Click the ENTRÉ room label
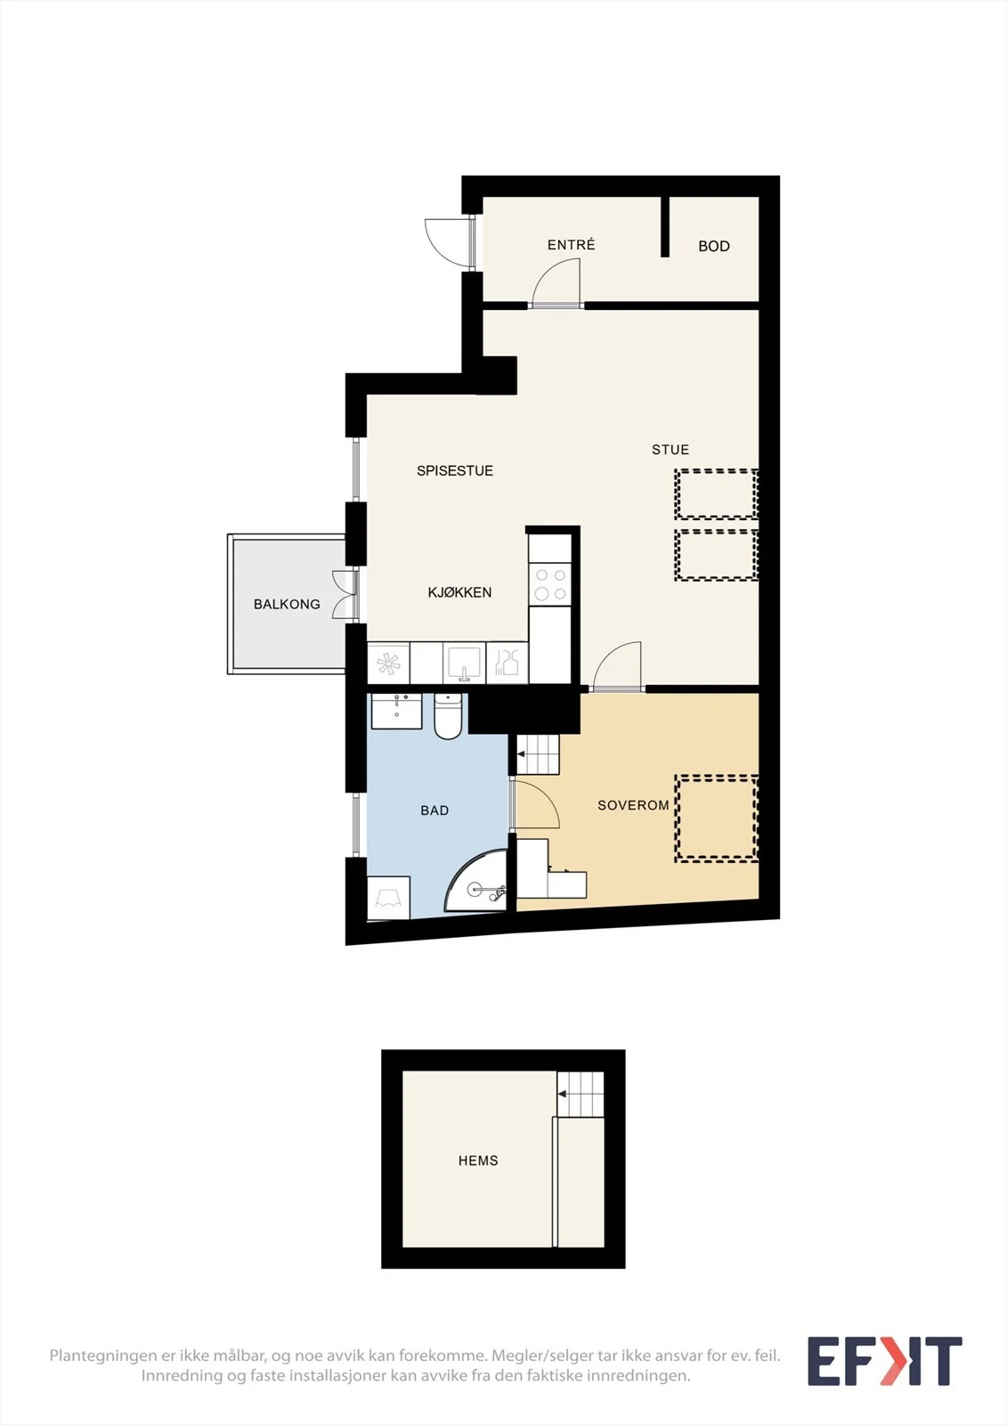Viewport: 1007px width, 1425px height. click(572, 244)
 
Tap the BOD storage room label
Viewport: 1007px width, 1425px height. click(714, 246)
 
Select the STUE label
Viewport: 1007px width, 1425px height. click(670, 450)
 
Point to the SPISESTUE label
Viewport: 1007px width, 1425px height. click(455, 471)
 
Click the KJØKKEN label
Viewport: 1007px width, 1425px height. click(459, 592)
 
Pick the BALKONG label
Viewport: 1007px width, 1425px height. click(287, 605)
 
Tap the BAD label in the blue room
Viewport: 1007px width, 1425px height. click(434, 810)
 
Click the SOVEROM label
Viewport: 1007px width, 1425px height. click(633, 805)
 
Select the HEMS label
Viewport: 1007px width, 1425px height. click(478, 1161)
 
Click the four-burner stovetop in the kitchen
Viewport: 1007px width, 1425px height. click(550, 584)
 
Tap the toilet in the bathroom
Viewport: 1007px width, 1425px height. click(448, 716)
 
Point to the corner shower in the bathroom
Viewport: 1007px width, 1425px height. click(477, 881)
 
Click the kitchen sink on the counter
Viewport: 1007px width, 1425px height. click(465, 664)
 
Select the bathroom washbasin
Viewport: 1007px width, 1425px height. click(396, 712)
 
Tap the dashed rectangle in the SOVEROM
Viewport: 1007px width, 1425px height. click(717, 818)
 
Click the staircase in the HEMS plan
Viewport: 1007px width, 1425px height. click(581, 1095)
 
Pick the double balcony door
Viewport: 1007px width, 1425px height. click(345, 595)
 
